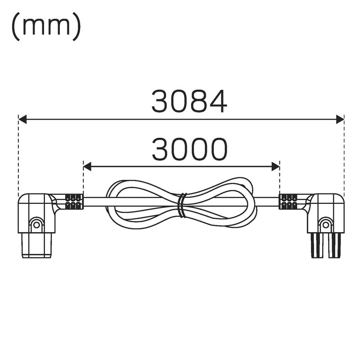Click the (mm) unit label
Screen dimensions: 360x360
(x=46, y=26)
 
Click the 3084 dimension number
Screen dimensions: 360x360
(x=189, y=101)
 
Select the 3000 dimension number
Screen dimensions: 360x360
(x=189, y=149)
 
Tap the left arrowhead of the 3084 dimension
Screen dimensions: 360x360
(x=22, y=119)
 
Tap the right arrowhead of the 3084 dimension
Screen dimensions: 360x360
(x=340, y=119)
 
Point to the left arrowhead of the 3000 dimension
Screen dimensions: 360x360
(x=87, y=166)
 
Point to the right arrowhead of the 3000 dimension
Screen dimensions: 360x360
(x=275, y=166)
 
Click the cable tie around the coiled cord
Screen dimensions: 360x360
(x=183, y=205)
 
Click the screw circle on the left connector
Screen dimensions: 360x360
(x=36, y=225)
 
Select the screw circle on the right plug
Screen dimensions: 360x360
(x=325, y=225)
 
